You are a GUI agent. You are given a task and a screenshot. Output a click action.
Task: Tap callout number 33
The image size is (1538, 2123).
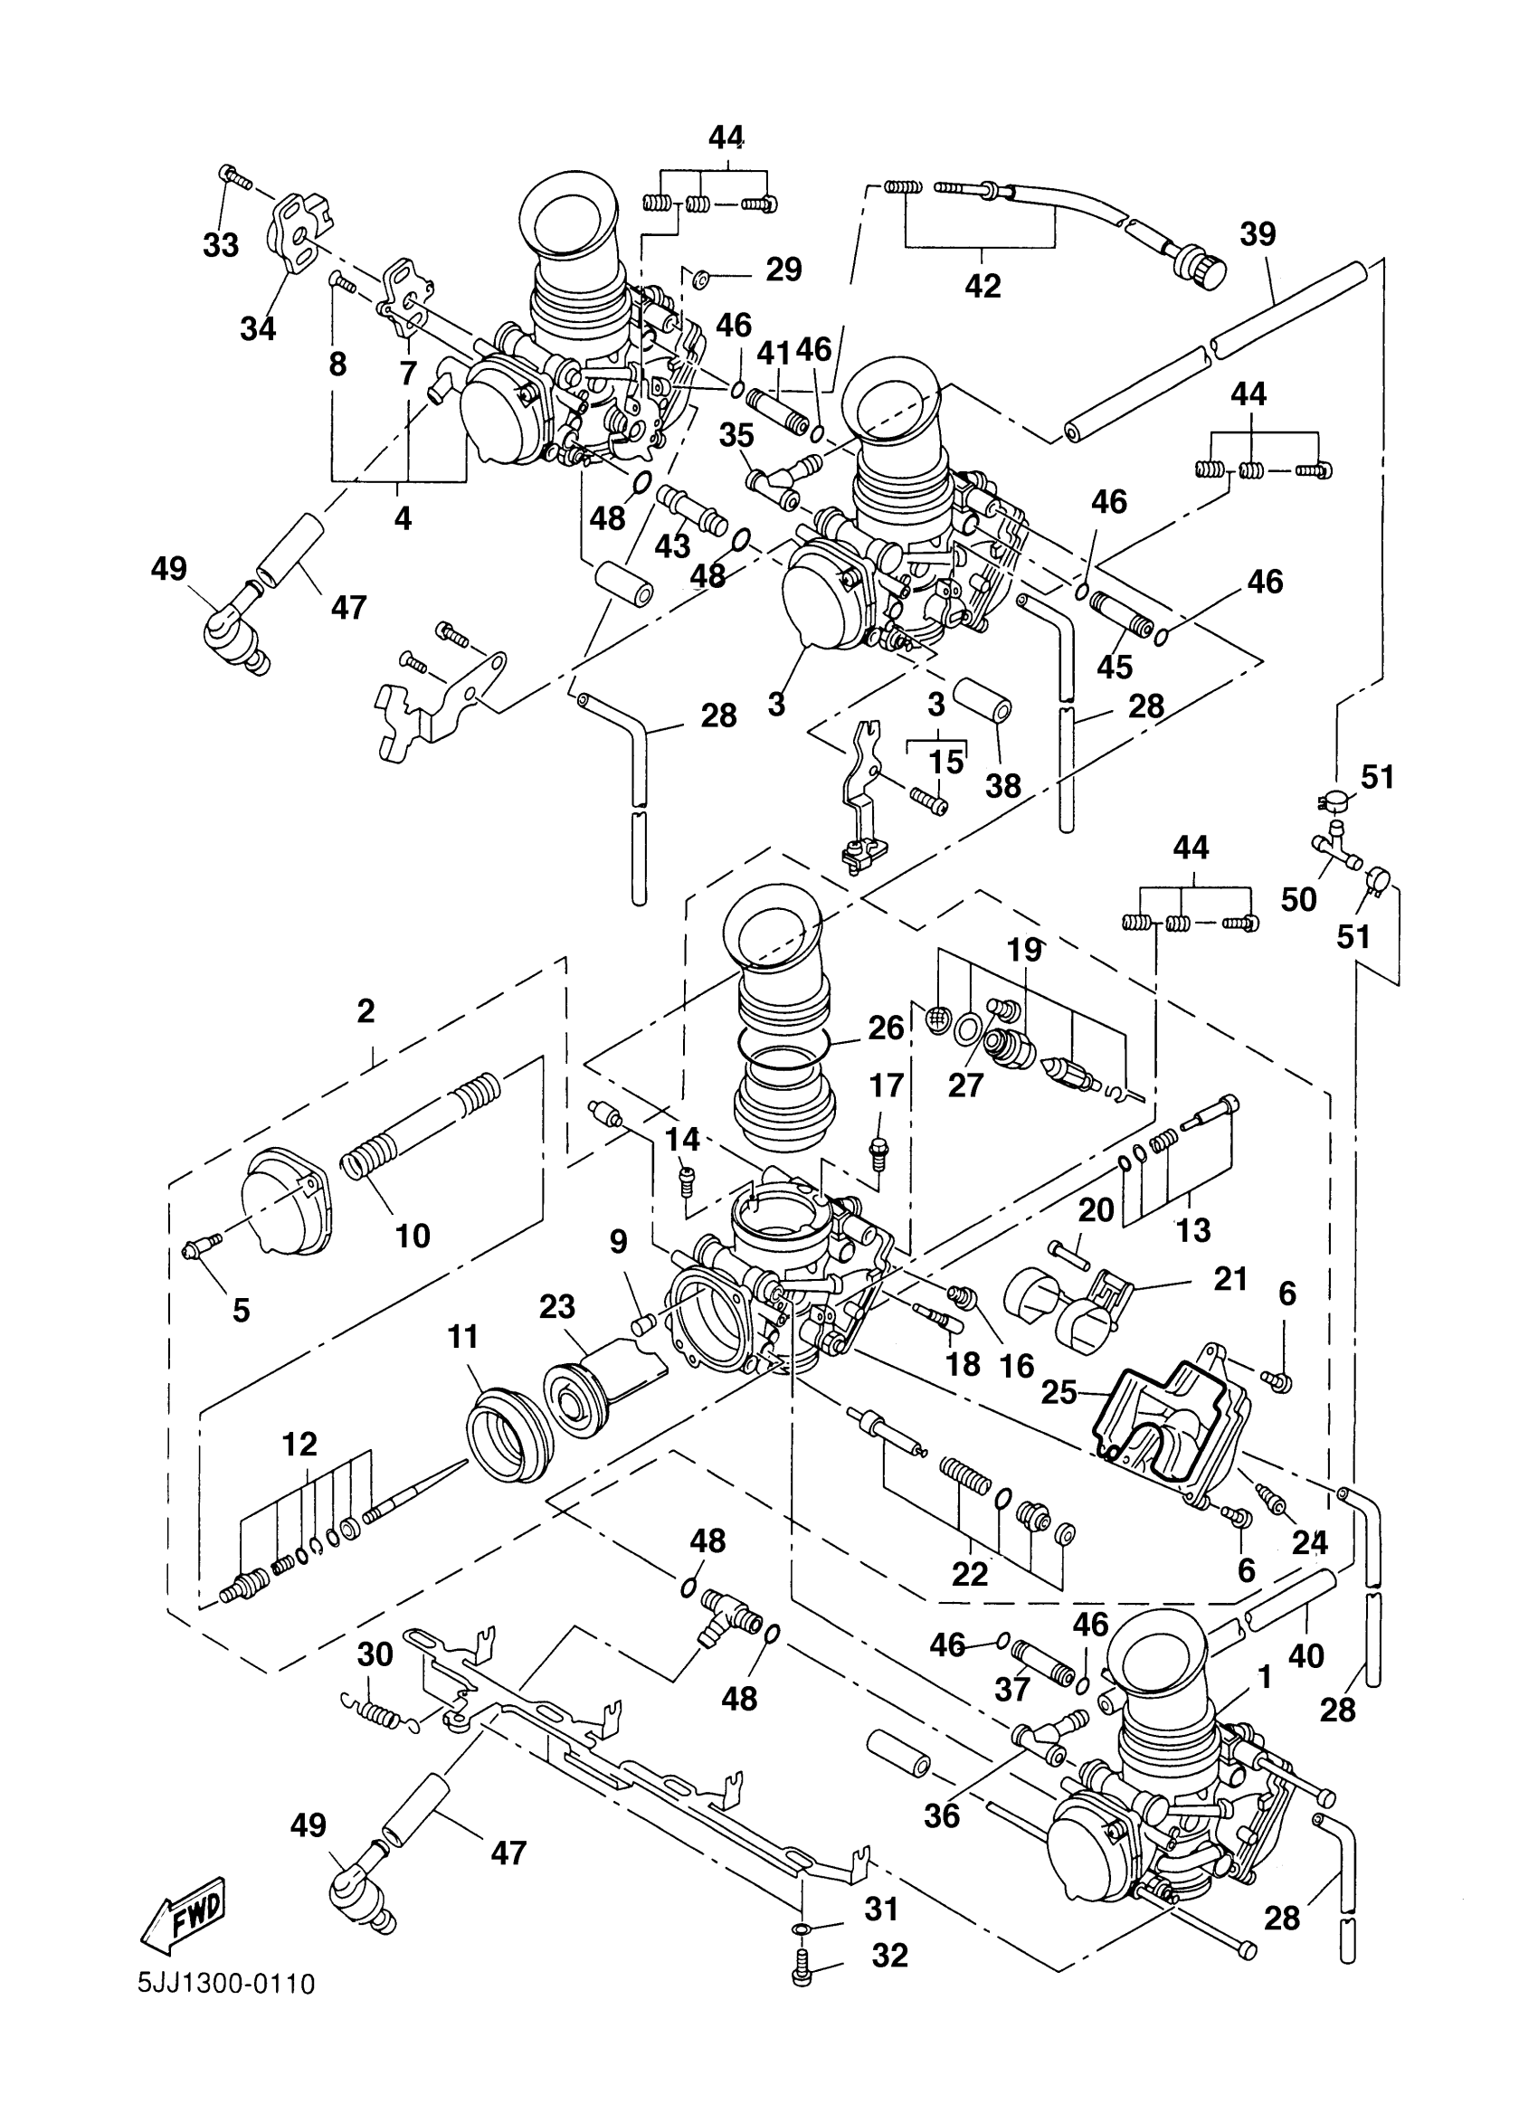point(221,245)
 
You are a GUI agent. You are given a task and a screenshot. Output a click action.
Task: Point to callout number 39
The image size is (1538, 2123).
point(1258,233)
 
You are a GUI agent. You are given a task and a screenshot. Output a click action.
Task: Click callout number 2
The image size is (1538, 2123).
point(366,1010)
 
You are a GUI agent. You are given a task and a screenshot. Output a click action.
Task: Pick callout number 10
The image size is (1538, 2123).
point(412,1236)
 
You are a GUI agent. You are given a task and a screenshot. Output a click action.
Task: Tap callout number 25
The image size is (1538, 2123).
point(1059,1392)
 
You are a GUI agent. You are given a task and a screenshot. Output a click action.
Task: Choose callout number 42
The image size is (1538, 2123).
point(982,286)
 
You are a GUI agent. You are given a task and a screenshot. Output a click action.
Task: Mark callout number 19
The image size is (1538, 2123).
point(1024,950)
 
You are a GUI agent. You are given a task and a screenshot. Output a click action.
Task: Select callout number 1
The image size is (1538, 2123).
point(1265,1677)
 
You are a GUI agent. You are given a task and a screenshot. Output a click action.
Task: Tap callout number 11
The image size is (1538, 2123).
point(462,1337)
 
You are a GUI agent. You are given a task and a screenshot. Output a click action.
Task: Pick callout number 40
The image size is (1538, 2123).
point(1305,1655)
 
